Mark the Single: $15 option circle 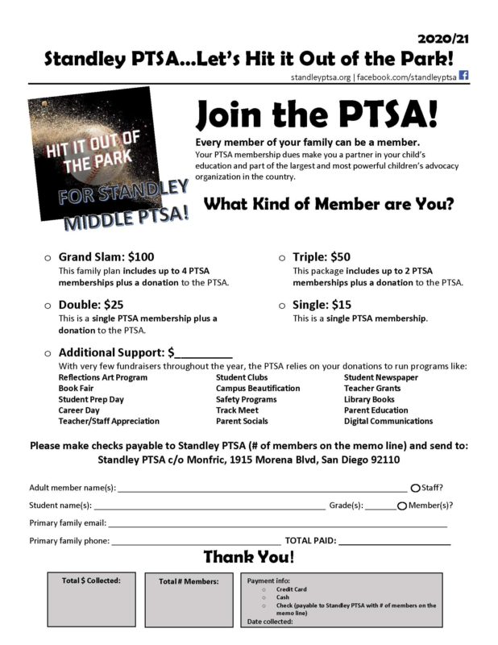pyautogui.click(x=282, y=306)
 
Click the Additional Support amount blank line pyautogui.click(x=203, y=355)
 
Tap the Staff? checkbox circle pyautogui.click(x=415, y=488)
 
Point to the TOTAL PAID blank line pyautogui.click(x=394, y=543)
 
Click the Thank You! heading pyautogui.click(x=248, y=557)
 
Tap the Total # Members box pyautogui.click(x=188, y=600)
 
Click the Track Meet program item pyautogui.click(x=237, y=410)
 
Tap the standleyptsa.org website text pyautogui.click(x=322, y=76)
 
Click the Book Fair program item pyautogui.click(x=77, y=389)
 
